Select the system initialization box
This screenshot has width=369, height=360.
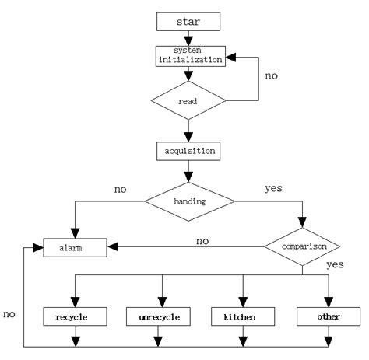187,54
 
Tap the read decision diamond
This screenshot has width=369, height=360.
187,100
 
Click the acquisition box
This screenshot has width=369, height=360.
187,149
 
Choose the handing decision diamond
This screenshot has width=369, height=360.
189,201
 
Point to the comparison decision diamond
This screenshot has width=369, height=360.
301,247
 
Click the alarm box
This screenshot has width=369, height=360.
75,248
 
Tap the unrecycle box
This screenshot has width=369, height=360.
162,317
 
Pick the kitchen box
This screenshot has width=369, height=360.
244,317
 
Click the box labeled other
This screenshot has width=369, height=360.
327,317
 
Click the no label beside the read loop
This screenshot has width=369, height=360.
272,77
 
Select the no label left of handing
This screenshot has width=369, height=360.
121,187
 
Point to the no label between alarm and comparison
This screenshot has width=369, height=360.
202,241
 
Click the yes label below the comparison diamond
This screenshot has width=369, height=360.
336,264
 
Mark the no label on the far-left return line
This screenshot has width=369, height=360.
9,315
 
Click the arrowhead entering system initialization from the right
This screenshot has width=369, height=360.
233,58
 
